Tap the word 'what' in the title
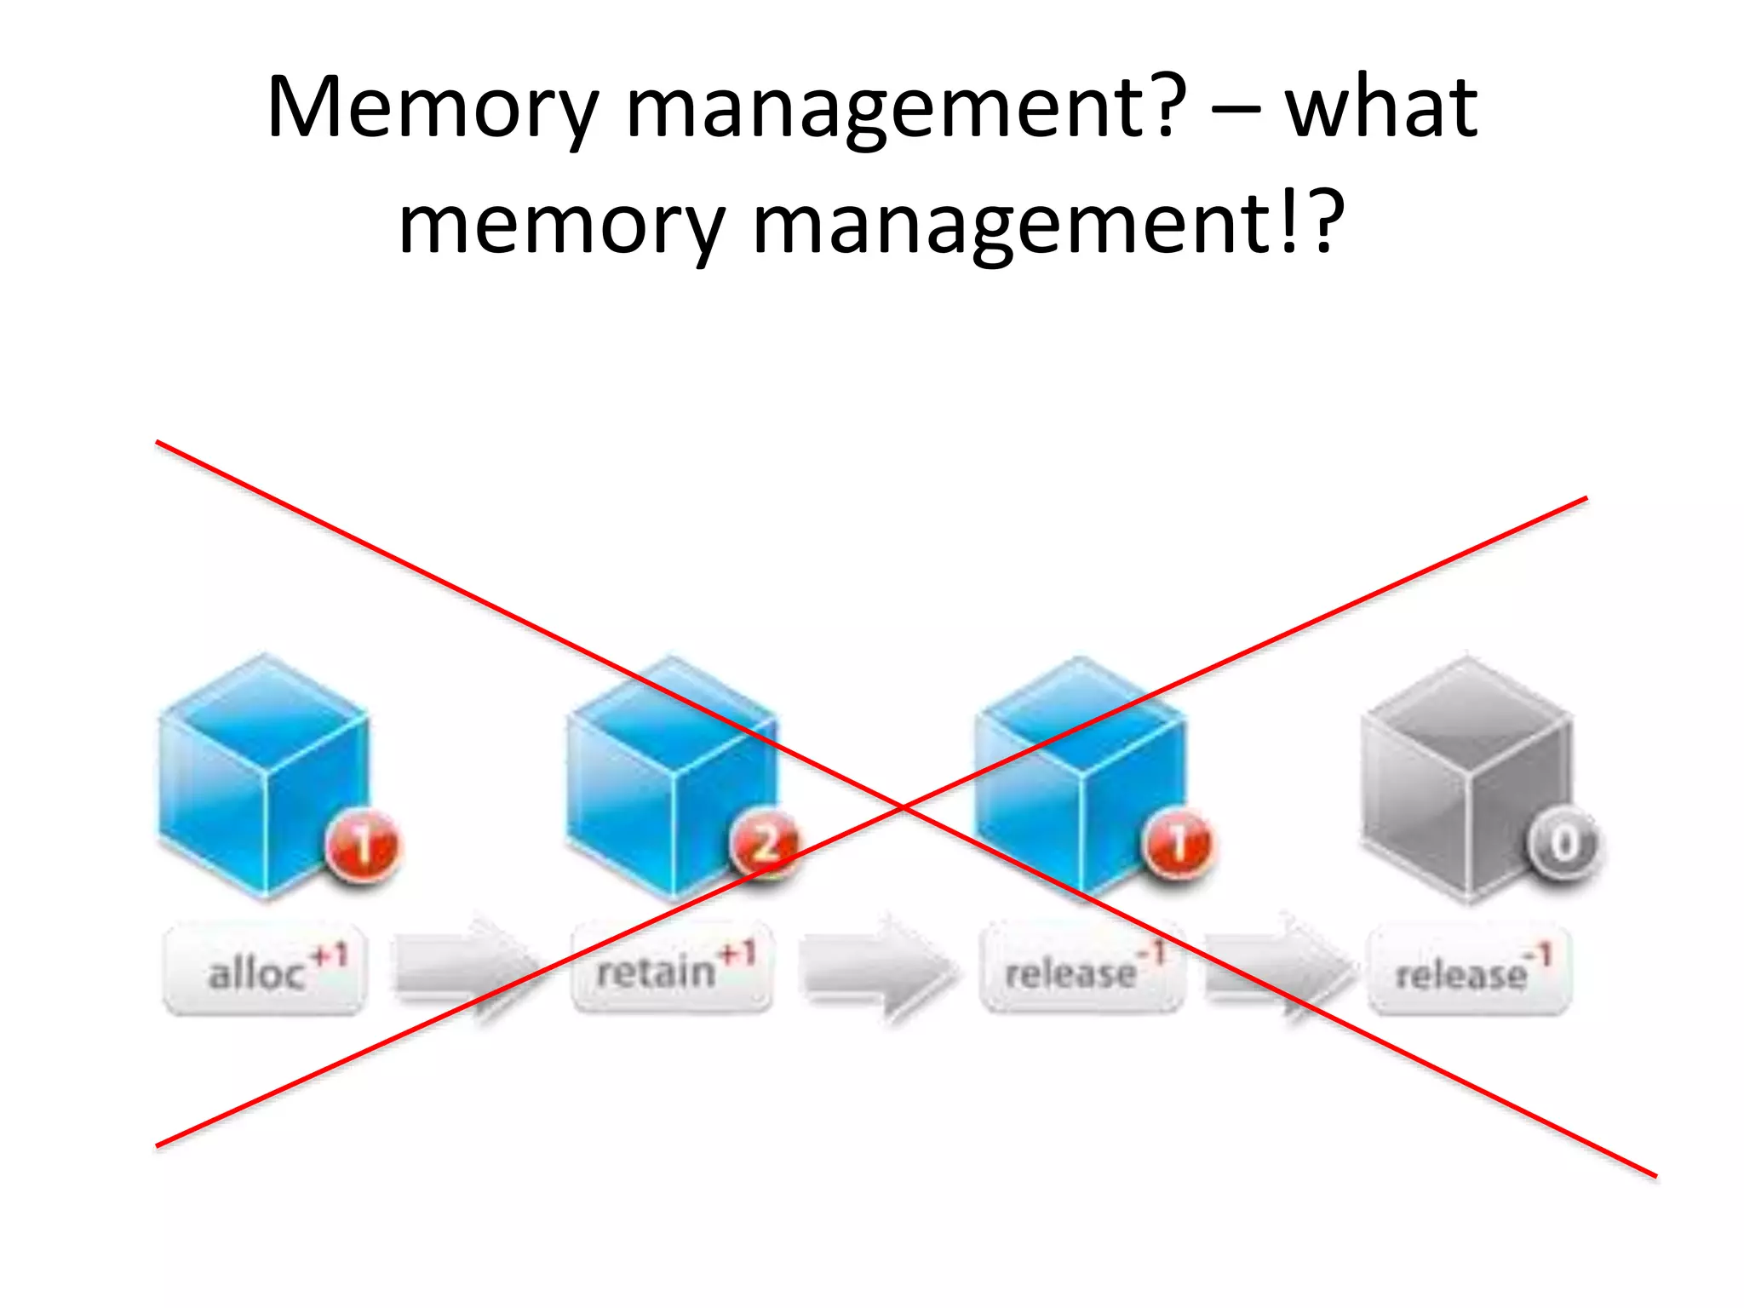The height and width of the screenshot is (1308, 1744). click(x=1380, y=107)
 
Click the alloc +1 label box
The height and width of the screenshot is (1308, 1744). click(x=265, y=971)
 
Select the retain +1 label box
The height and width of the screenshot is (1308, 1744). click(x=673, y=969)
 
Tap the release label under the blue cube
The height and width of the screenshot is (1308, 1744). click(x=1081, y=969)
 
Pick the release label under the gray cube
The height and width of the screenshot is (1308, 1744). click(x=1470, y=971)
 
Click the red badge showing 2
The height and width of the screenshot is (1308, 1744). click(x=766, y=842)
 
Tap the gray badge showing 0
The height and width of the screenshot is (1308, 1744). click(x=1563, y=843)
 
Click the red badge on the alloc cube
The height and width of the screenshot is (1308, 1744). click(x=363, y=846)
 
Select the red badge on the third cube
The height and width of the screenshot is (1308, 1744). click(x=1179, y=843)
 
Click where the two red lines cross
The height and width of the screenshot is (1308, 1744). click(x=903, y=806)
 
